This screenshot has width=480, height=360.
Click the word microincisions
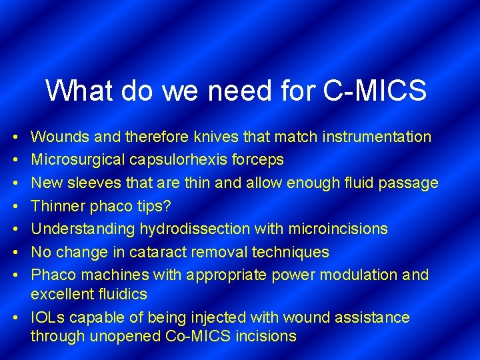pyautogui.click(x=338, y=229)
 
